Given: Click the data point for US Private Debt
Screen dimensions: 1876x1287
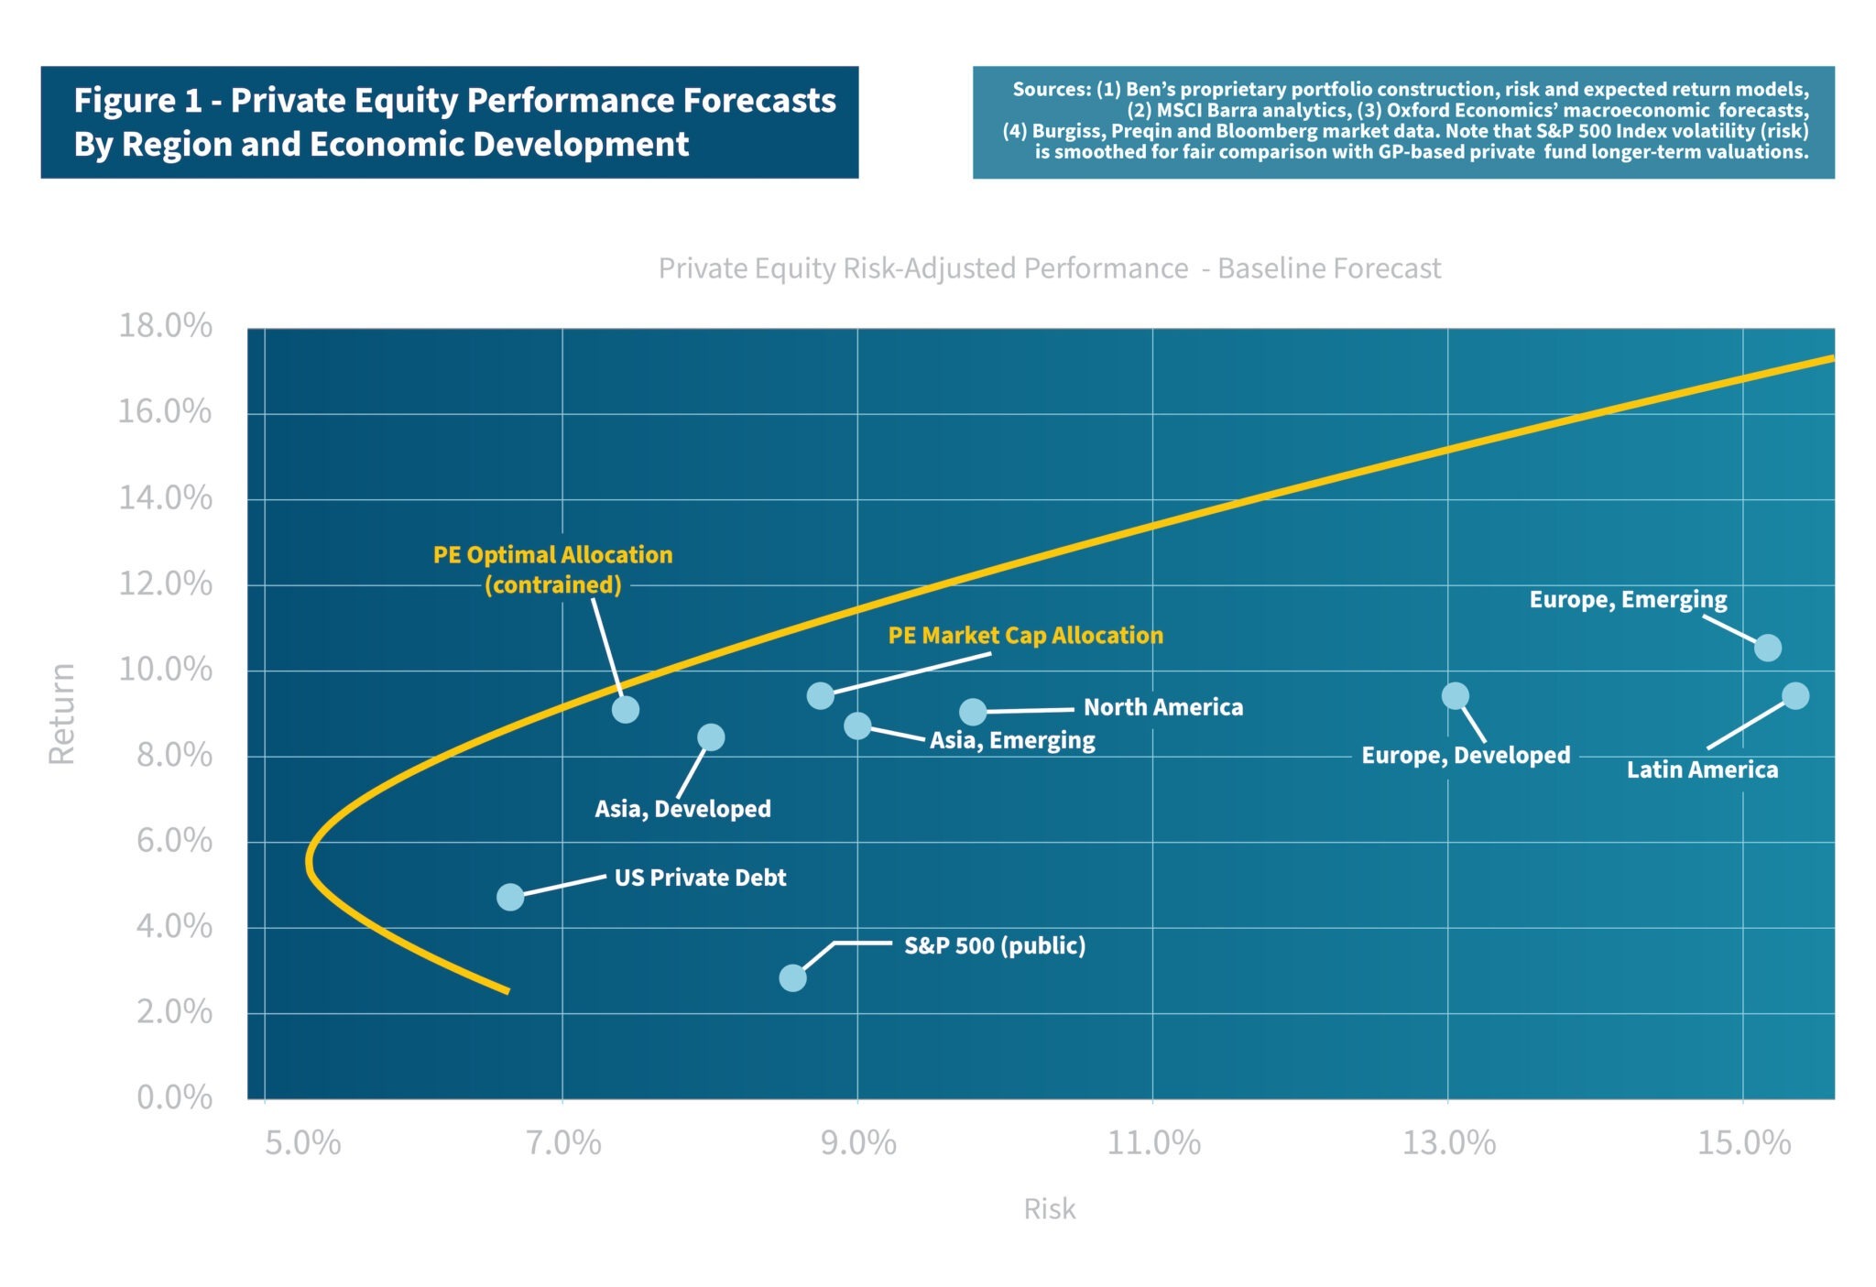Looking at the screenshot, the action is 510,897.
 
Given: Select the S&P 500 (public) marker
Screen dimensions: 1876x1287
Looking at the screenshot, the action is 792,978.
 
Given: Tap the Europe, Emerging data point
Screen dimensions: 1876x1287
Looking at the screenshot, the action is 1767,648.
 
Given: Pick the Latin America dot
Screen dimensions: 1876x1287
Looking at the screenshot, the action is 1795,696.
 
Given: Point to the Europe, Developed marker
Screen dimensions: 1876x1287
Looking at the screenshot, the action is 1455,696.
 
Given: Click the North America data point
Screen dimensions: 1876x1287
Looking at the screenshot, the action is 973,712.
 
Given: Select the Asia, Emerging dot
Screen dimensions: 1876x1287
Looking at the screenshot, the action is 857,726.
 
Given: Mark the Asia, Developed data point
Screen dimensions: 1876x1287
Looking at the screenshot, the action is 711,737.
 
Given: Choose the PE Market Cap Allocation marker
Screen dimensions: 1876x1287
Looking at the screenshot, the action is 821,696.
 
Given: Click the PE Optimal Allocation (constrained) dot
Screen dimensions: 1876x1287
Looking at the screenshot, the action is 626,710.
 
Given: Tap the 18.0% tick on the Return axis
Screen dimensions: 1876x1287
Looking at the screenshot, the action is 165,326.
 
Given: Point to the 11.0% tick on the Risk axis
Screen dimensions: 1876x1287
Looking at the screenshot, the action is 1153,1143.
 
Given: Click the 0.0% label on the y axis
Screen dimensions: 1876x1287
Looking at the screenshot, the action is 174,1097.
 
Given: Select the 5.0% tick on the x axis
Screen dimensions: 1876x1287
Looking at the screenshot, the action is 303,1143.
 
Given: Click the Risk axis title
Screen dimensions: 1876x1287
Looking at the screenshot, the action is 1050,1209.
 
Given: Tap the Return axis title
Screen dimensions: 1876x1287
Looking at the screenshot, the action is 62,714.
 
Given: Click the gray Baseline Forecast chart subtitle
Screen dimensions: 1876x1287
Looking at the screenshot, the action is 1050,268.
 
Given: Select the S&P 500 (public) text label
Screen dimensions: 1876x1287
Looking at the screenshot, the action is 995,946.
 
